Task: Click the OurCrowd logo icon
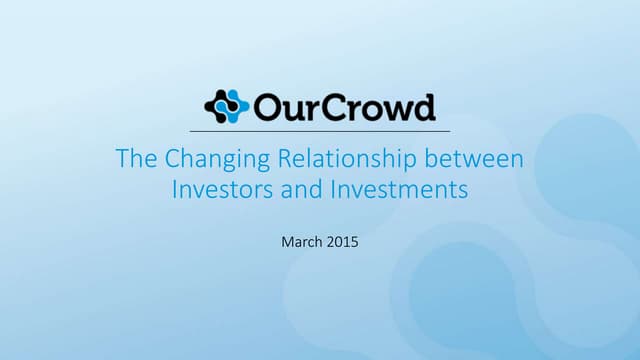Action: coord(225,106)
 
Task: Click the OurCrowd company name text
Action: coord(343,106)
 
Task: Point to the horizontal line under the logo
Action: coord(320,131)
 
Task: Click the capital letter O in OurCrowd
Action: coord(266,106)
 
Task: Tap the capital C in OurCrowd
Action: coord(335,106)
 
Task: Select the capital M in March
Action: coord(286,240)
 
